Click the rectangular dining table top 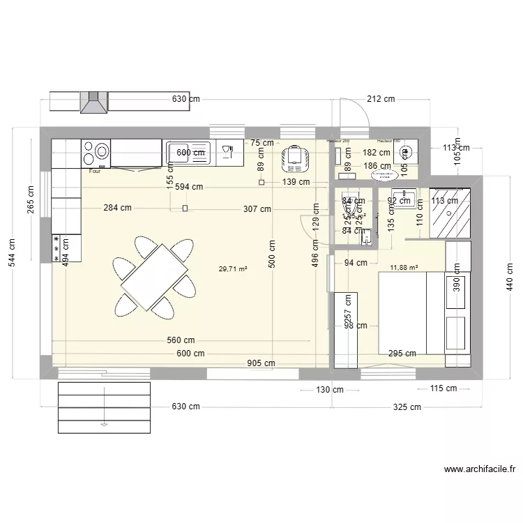click(x=155, y=277)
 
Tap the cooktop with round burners click(x=96, y=153)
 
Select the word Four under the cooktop click(x=93, y=169)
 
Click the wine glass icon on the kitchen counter click(x=227, y=151)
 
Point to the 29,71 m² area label click(x=233, y=268)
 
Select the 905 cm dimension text click(x=261, y=363)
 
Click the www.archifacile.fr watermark click(x=479, y=471)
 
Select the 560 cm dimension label click(x=180, y=340)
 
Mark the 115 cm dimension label click(x=442, y=389)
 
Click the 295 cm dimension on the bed click(x=402, y=354)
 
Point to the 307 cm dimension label click(x=256, y=209)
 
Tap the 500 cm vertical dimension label click(x=271, y=255)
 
